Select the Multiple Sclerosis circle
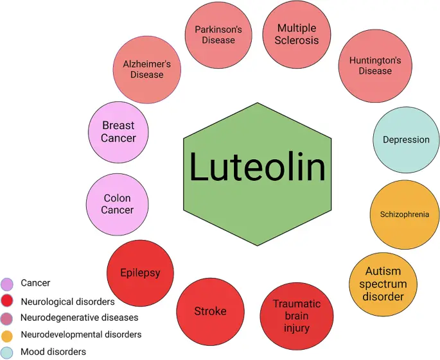click(x=297, y=34)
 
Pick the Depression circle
click(x=406, y=140)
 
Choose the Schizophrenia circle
click(x=404, y=214)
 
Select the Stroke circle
click(x=210, y=311)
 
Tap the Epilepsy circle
click(x=140, y=273)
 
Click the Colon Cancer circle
click(x=118, y=204)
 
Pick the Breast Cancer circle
click(x=118, y=132)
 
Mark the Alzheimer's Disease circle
click(x=146, y=69)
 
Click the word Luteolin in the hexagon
click(x=257, y=168)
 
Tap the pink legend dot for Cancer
click(x=8, y=283)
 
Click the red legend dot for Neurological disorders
click(x=8, y=301)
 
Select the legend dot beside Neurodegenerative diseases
click(x=8, y=318)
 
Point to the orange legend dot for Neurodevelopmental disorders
click(x=8, y=335)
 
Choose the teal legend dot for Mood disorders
click(x=8, y=352)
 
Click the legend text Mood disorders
click(x=53, y=352)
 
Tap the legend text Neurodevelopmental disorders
click(x=81, y=334)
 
